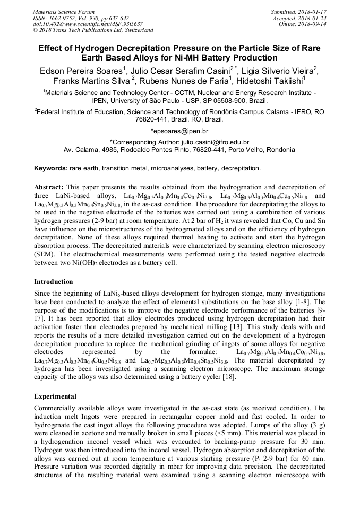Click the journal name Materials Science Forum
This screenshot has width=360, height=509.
(x=64, y=11)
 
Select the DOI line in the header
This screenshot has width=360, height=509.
(x=88, y=24)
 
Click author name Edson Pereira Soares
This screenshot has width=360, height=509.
(x=78, y=70)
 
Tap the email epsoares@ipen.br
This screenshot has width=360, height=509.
(x=180, y=131)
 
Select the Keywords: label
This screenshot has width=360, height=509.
(x=51, y=168)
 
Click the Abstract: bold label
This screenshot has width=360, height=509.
(x=49, y=187)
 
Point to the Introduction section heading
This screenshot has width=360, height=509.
(x=54, y=282)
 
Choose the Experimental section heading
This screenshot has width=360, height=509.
(x=55, y=396)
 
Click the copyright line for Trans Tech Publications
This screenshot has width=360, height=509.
(x=93, y=30)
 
